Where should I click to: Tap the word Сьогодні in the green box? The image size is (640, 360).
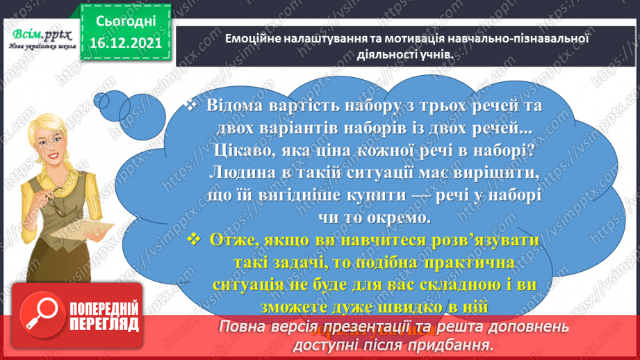pyautogui.click(x=125, y=22)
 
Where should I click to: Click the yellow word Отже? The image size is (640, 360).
pyautogui.click(x=236, y=240)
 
